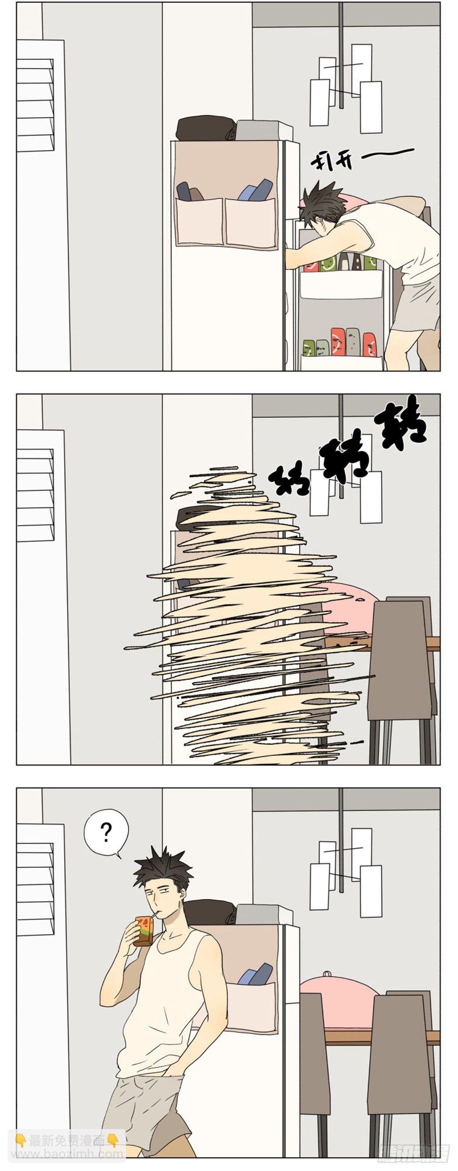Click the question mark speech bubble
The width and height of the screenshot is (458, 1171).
click(x=106, y=832)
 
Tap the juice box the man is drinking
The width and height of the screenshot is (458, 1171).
click(x=143, y=931)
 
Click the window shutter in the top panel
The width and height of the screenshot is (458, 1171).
click(x=35, y=104)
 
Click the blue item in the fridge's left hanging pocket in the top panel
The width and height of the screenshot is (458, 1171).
click(x=184, y=191)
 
